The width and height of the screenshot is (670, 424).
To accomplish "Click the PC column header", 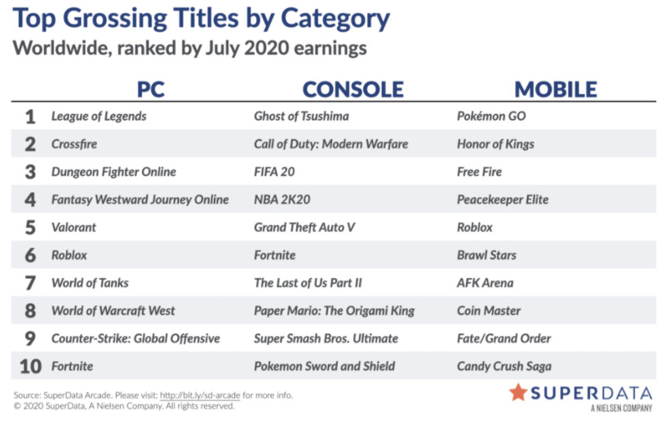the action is tap(150, 89).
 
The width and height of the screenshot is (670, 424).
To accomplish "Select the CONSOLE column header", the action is tap(353, 89).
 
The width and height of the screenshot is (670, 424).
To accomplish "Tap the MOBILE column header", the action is tap(556, 89).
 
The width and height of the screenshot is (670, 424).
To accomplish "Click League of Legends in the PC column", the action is tap(99, 116).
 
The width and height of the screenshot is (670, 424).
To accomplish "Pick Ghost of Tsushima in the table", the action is tap(301, 116).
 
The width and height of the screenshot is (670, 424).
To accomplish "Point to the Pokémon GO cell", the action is tap(491, 116).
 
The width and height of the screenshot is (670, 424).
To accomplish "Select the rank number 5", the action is tap(30, 227).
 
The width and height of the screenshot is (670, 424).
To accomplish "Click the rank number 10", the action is tap(30, 366).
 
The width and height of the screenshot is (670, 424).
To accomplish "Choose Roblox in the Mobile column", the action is tap(475, 227).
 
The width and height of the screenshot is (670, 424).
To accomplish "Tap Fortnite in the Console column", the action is tap(275, 255).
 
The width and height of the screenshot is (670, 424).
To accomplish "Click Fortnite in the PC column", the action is tap(72, 366).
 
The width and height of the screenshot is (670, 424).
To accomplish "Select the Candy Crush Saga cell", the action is tap(504, 366).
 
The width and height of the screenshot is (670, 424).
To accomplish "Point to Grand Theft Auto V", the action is tap(304, 227).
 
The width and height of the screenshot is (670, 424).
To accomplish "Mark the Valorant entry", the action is tap(73, 227).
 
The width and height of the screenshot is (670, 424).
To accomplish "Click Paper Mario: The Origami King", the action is tap(334, 311).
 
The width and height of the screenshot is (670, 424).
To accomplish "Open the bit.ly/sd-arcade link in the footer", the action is tap(200, 395).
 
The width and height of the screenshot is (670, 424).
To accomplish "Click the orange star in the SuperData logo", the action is tap(518, 392).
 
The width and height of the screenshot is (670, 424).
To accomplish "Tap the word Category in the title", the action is tap(335, 20).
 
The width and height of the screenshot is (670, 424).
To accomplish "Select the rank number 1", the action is tap(30, 117).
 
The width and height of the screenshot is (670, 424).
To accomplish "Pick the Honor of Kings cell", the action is tap(495, 144).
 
